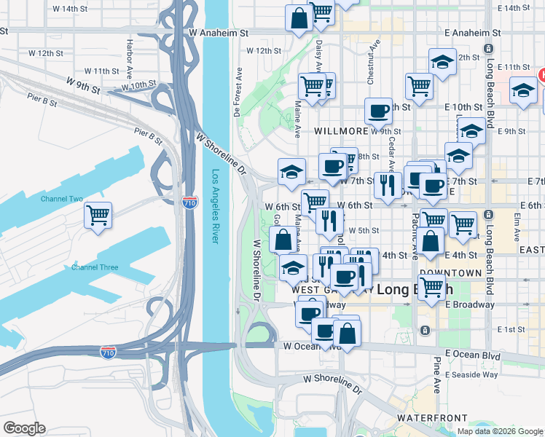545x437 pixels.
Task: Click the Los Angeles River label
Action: (x=215, y=207)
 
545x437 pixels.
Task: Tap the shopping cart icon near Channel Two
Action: (x=98, y=215)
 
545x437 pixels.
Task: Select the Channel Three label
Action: (x=95, y=267)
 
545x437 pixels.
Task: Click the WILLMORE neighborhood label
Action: (x=340, y=131)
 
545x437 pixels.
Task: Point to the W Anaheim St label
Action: (x=218, y=33)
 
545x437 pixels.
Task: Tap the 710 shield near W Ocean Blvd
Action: (x=107, y=352)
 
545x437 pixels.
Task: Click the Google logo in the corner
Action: (x=24, y=428)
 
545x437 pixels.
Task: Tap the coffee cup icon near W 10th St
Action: (x=378, y=111)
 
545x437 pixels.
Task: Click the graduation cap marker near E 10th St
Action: (x=523, y=90)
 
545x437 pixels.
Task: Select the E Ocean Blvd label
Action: (x=473, y=355)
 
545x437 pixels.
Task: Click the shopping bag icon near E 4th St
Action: (x=430, y=242)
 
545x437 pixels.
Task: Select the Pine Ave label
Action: (x=437, y=375)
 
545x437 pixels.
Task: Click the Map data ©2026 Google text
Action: (x=500, y=431)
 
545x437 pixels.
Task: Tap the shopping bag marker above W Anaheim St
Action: (x=299, y=18)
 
